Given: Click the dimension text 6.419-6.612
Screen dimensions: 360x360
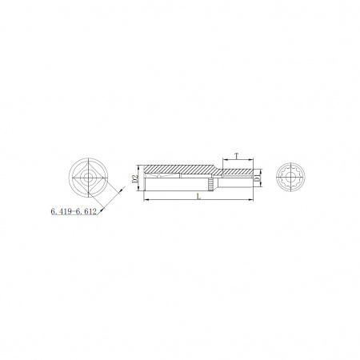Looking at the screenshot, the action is (74, 211).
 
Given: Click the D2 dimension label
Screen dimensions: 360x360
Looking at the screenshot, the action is (135, 178).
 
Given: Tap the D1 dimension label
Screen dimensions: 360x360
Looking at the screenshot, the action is (257, 178).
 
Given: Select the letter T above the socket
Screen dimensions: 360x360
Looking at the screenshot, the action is (236, 156).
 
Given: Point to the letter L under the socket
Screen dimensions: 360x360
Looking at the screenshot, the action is (198, 197).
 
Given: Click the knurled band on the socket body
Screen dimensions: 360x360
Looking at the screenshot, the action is (210, 185).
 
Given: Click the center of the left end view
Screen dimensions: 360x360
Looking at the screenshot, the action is (88, 178).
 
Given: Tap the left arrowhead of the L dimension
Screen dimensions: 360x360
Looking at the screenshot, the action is (146, 199).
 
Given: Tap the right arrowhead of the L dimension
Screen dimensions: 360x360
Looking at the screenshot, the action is (251, 199).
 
